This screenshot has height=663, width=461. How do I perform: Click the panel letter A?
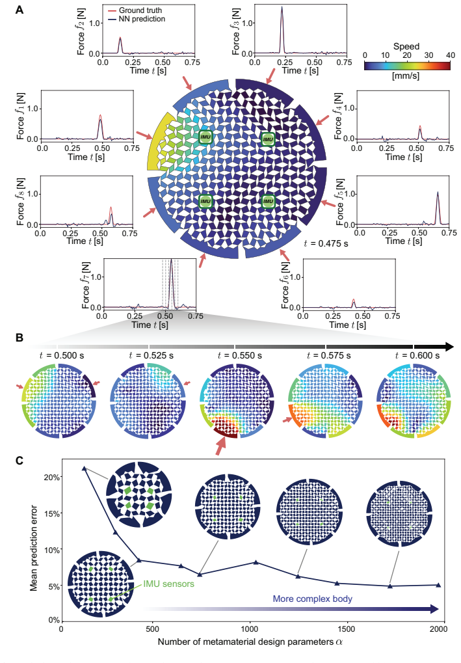(x=20, y=9)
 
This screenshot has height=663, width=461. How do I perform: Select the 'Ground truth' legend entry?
(x=135, y=10)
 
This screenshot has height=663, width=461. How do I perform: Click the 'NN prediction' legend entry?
(x=137, y=19)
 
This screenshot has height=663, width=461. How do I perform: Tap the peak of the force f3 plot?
(x=282, y=7)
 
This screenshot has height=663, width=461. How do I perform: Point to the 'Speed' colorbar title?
(x=406, y=46)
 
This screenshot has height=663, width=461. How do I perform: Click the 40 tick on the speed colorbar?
(x=451, y=55)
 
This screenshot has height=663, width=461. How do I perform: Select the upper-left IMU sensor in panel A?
(x=205, y=137)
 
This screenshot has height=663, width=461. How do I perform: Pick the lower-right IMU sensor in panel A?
(x=268, y=201)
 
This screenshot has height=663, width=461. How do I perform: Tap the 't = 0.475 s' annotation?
(x=326, y=243)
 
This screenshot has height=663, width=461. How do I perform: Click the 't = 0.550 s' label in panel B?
(x=239, y=356)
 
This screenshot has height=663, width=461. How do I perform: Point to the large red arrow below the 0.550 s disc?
(x=220, y=446)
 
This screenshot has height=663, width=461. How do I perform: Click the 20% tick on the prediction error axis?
(x=53, y=477)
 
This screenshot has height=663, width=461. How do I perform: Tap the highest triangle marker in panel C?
(x=84, y=468)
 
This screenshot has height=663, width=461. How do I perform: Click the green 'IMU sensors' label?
(x=168, y=584)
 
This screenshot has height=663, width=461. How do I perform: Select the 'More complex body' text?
(x=312, y=599)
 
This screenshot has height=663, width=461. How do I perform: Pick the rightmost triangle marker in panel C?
(x=438, y=585)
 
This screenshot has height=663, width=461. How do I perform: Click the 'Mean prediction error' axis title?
(x=34, y=548)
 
